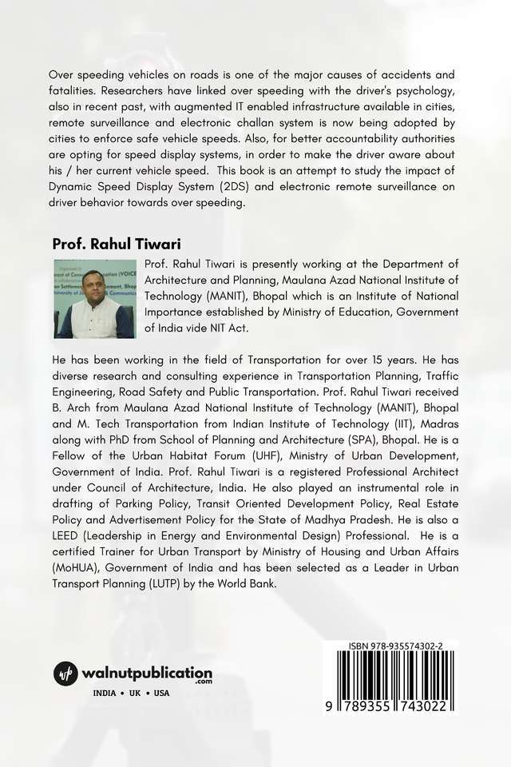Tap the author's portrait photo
[94, 298]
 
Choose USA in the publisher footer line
[162, 693]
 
